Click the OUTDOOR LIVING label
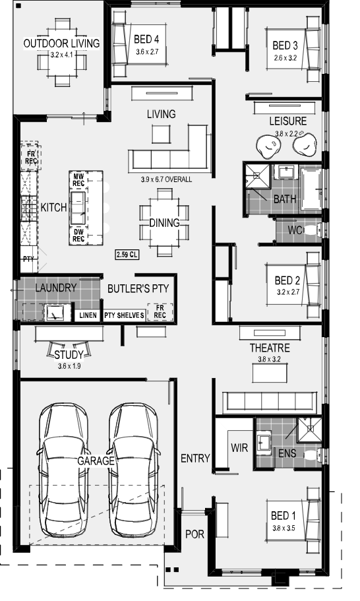tap(61, 44)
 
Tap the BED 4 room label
tap(146, 38)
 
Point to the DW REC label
tap(78, 235)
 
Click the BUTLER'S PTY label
tap(138, 288)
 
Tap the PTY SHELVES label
tap(124, 315)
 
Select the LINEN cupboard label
tap(88, 315)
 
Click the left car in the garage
tap(63, 468)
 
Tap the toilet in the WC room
tap(315, 231)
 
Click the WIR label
tap(239, 447)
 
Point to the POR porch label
tap(194, 534)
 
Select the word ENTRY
tap(195, 459)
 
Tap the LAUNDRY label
tap(56, 288)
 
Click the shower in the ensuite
tap(307, 429)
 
